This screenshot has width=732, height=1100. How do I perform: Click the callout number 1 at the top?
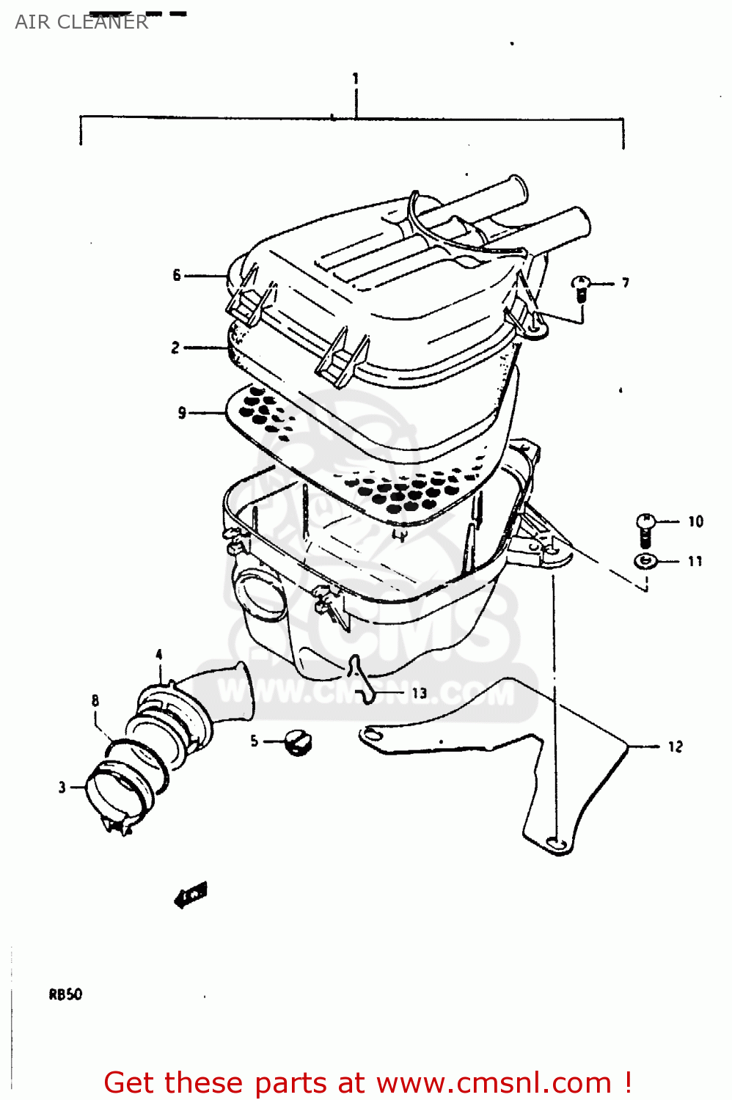point(356,78)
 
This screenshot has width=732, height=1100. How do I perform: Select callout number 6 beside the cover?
point(176,275)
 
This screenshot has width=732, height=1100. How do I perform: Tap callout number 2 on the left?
point(175,348)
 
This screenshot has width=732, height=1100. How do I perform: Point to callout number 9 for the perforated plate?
point(182,413)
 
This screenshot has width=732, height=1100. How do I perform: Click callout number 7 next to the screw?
point(625,282)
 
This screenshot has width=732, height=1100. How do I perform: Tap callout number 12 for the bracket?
point(675,747)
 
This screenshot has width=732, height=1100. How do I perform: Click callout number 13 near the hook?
point(419,693)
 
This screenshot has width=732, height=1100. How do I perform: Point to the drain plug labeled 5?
point(297,742)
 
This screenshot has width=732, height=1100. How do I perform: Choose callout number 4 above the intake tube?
point(159,654)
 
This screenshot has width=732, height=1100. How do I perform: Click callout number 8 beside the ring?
point(95,700)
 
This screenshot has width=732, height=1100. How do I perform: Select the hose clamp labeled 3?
point(117,792)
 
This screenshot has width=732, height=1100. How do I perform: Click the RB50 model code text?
point(65,994)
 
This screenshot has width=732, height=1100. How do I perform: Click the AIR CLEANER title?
point(81,22)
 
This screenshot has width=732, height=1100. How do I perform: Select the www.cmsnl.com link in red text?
point(494,1082)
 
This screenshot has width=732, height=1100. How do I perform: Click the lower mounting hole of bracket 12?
point(555,843)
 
